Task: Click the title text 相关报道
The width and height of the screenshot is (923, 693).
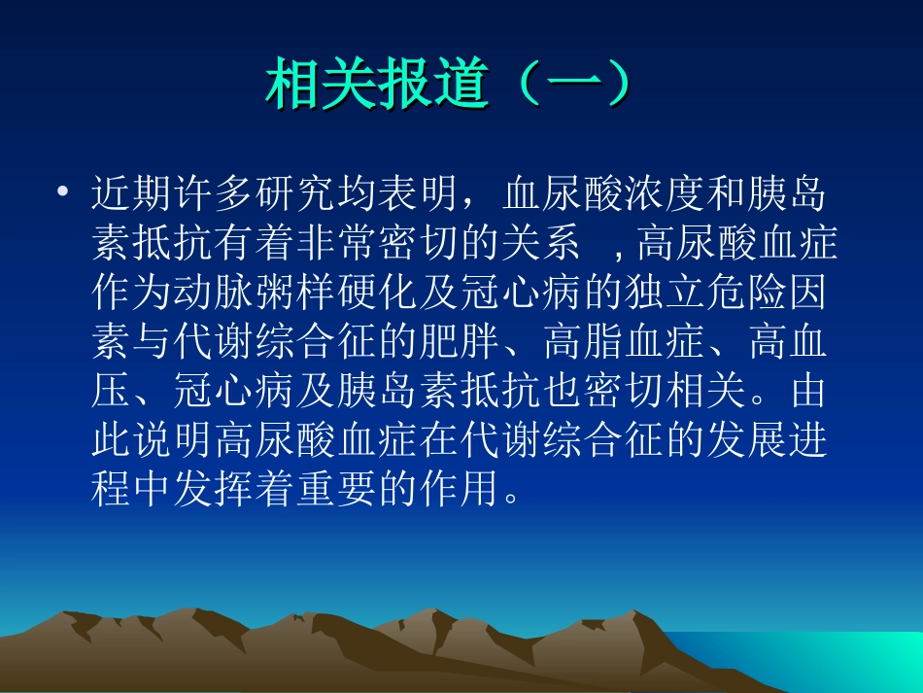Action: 375,86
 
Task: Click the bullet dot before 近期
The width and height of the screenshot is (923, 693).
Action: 63,193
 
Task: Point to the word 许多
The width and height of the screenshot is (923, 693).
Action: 214,194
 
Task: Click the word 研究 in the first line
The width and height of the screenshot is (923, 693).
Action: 296,194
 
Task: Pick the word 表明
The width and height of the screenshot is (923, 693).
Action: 420,194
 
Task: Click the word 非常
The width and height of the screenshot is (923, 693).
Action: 338,244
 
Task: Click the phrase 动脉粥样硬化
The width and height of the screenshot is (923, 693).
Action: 296,294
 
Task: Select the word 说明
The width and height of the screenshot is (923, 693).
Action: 173,442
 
